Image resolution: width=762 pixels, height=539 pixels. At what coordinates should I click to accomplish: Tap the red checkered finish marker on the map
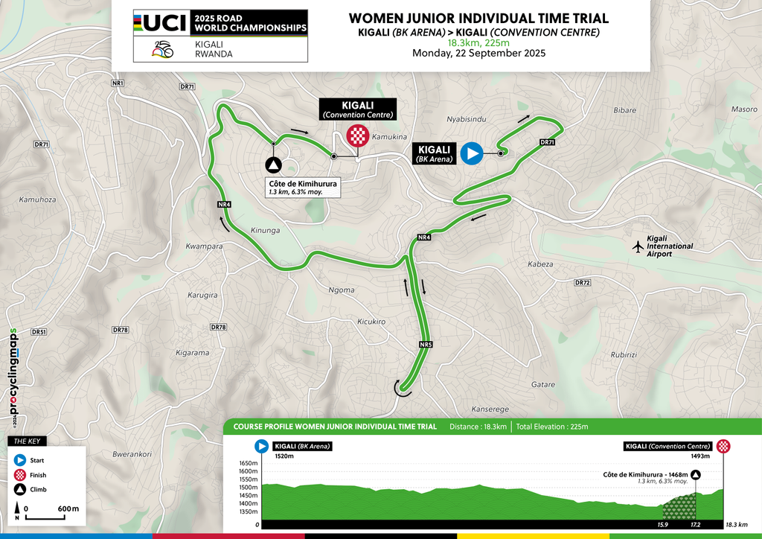click(x=358, y=135)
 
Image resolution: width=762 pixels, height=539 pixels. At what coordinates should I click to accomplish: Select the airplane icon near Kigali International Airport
click(x=637, y=246)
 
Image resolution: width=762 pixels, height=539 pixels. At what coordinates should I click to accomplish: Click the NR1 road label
click(x=118, y=82)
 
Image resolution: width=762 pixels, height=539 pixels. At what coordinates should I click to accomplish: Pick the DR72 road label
click(x=582, y=283)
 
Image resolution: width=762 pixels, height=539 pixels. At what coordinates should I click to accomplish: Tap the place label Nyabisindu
click(x=466, y=119)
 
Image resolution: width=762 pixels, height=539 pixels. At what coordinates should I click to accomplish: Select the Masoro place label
click(x=743, y=109)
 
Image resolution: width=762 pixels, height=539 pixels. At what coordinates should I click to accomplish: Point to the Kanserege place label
click(x=490, y=409)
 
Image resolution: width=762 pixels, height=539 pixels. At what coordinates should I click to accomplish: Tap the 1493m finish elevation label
click(x=702, y=455)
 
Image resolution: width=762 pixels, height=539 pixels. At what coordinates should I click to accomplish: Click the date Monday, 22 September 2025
click(x=478, y=53)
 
